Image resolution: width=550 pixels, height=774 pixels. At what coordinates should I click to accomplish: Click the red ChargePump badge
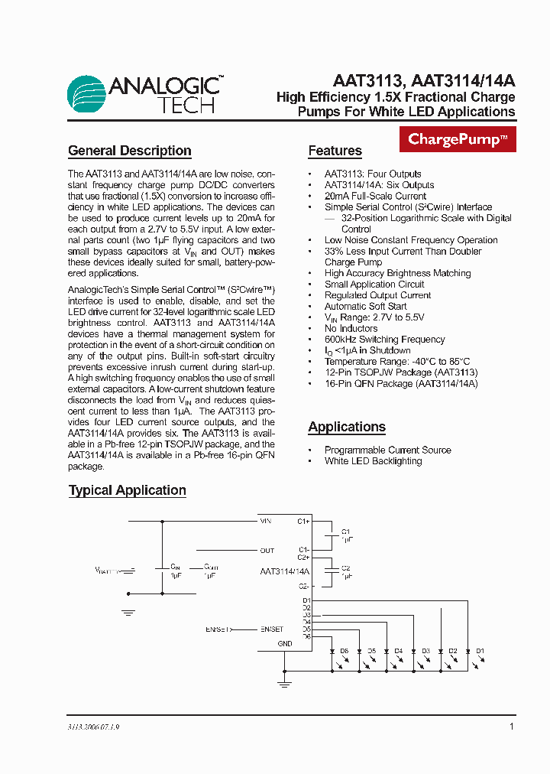(458, 139)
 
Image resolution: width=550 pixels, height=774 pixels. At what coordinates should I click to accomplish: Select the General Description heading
(130, 151)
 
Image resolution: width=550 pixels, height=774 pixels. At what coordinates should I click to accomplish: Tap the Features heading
(335, 151)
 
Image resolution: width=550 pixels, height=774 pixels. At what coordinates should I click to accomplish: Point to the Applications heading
(347, 427)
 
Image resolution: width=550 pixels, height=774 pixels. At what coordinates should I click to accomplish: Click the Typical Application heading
(128, 490)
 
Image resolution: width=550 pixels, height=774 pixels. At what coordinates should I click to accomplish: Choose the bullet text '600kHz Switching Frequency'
(384, 340)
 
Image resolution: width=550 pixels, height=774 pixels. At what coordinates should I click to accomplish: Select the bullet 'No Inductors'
(351, 328)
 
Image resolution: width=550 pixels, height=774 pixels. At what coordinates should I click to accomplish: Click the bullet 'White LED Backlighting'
(373, 461)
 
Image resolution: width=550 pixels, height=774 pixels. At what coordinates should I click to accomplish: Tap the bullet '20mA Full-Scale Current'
(375, 196)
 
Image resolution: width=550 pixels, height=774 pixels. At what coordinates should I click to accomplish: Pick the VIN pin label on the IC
(265, 521)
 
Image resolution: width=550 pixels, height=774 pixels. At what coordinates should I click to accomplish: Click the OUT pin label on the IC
(267, 551)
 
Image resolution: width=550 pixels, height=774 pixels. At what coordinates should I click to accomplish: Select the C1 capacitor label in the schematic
(345, 531)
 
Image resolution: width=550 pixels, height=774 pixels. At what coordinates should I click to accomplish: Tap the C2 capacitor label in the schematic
(345, 568)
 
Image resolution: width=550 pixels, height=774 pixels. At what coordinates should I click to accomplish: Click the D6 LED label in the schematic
(345, 651)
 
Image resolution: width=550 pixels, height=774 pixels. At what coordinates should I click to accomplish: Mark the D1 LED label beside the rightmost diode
(480, 651)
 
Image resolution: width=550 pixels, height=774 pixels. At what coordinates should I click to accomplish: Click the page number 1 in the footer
(511, 727)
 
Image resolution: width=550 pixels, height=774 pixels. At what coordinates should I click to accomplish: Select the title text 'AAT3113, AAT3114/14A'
(424, 80)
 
